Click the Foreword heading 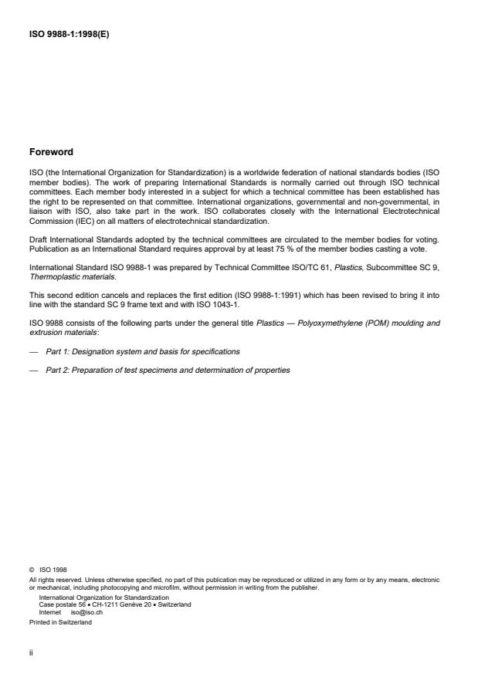[x=51, y=152]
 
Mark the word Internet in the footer [x=51, y=610]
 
